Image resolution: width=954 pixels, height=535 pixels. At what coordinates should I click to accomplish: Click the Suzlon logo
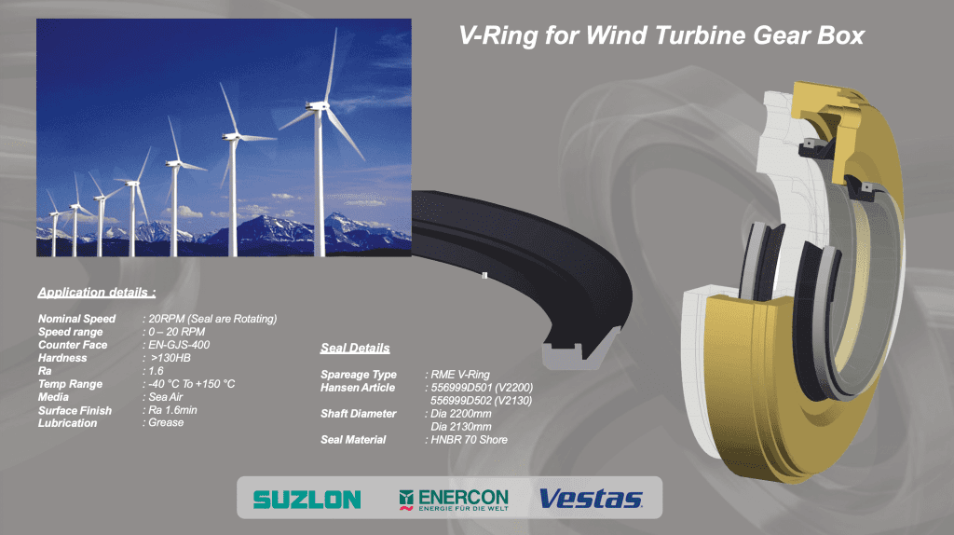[307, 500]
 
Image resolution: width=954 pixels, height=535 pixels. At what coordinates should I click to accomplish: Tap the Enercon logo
[454, 500]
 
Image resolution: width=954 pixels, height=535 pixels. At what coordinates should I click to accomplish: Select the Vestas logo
[591, 499]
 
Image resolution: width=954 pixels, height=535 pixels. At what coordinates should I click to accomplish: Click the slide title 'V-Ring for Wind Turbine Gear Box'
[661, 35]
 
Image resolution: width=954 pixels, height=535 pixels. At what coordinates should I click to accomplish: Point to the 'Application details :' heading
[97, 292]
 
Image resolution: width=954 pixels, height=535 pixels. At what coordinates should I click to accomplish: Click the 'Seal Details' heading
[355, 349]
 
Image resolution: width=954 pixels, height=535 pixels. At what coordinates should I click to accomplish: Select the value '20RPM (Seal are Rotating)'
[212, 319]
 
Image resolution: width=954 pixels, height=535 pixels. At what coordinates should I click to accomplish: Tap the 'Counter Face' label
[73, 345]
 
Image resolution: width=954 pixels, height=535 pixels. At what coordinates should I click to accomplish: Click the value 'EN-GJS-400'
[179, 345]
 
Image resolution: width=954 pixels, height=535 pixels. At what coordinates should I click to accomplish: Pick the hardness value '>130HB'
[170, 358]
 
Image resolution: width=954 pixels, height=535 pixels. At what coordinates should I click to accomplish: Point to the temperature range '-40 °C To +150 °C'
[192, 384]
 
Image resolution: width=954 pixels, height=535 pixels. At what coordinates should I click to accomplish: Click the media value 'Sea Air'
[166, 397]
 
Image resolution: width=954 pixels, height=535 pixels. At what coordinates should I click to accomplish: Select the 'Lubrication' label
[67, 423]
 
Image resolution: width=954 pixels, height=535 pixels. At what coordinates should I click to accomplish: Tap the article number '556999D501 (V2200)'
[482, 388]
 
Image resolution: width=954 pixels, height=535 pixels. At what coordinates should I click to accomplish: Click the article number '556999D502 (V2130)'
[482, 401]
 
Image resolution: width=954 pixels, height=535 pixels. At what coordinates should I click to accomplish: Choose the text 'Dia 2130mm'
[461, 427]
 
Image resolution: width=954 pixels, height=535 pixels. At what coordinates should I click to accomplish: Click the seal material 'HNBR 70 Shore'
[470, 439]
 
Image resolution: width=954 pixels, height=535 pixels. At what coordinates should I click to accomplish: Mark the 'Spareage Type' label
[359, 375]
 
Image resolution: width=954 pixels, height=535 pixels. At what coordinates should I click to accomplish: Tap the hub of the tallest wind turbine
[319, 107]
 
